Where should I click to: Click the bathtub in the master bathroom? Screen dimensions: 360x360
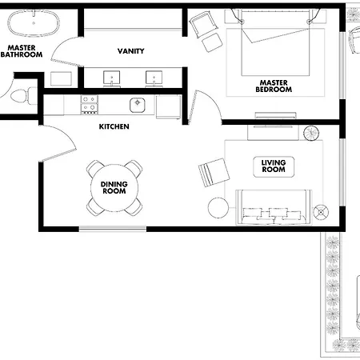pos(34,23)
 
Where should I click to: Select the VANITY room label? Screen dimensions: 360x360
pos(130,51)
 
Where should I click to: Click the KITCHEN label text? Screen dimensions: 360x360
pos(114,126)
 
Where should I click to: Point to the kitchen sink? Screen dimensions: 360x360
pos(138,105)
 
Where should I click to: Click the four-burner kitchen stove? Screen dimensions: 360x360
pos(89,105)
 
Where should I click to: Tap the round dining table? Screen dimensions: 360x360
pos(114,188)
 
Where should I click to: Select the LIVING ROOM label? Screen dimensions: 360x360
pos(274,166)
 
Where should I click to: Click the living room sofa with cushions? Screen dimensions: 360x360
pos(274,207)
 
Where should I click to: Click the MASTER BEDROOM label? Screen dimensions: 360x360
pos(274,86)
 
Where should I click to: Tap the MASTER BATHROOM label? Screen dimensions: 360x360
pos(22,51)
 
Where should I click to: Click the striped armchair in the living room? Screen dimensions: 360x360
pos(214,173)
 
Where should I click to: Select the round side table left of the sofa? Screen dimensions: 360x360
pos(218,208)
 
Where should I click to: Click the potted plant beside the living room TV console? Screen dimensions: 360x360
pos(311,133)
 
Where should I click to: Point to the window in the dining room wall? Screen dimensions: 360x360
pos(113,229)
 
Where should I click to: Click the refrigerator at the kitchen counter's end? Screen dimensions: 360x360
pos(169,107)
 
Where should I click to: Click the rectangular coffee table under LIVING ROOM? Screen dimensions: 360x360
pos(274,166)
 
